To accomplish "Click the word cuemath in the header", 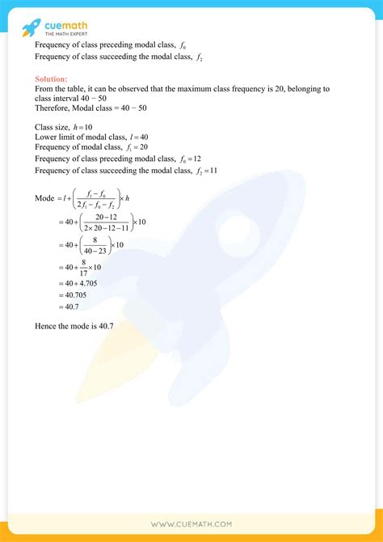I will pyautogui.click(x=69, y=23).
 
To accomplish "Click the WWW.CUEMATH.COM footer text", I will pyautogui.click(x=191, y=525).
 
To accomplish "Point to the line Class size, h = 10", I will pyautogui.click(x=64, y=127).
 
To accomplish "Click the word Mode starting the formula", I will pyautogui.click(x=44, y=199).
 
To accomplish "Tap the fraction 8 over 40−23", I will pyautogui.click(x=96, y=244).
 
